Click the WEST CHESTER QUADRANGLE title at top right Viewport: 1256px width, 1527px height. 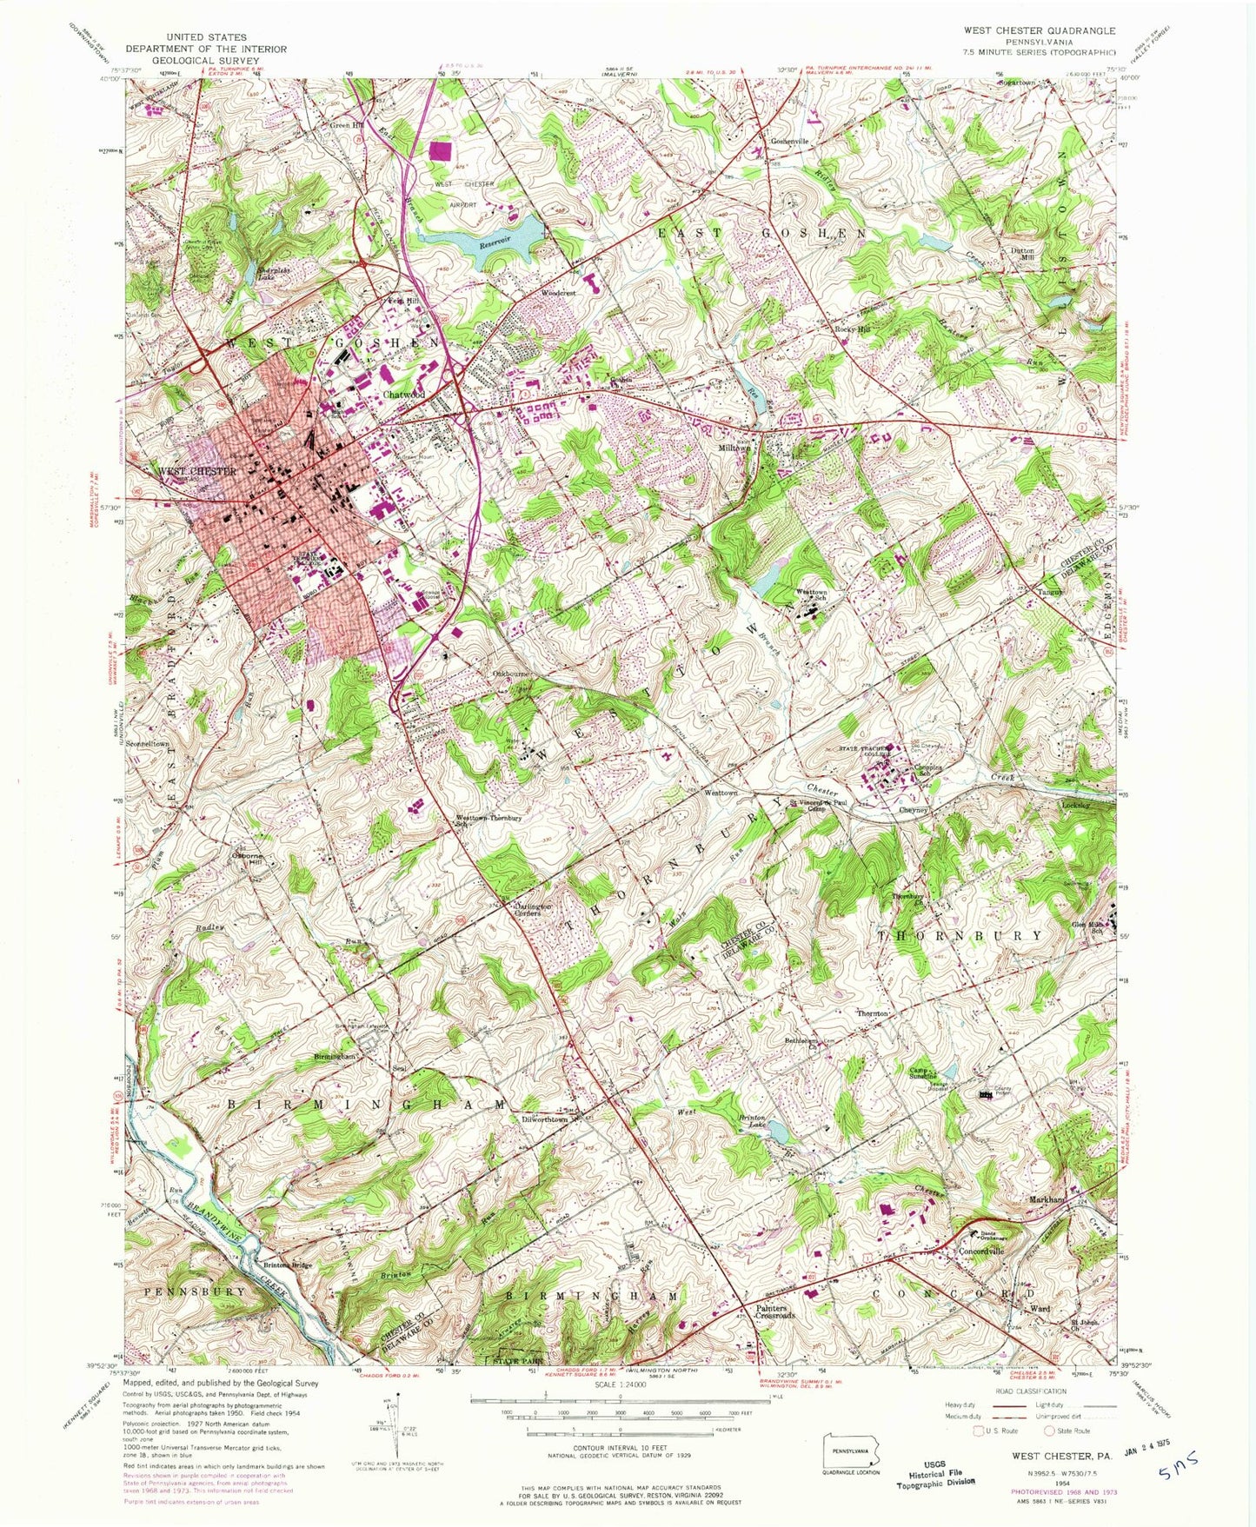point(1039,30)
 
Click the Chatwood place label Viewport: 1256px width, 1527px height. point(404,395)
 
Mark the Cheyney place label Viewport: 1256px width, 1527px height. point(914,809)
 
